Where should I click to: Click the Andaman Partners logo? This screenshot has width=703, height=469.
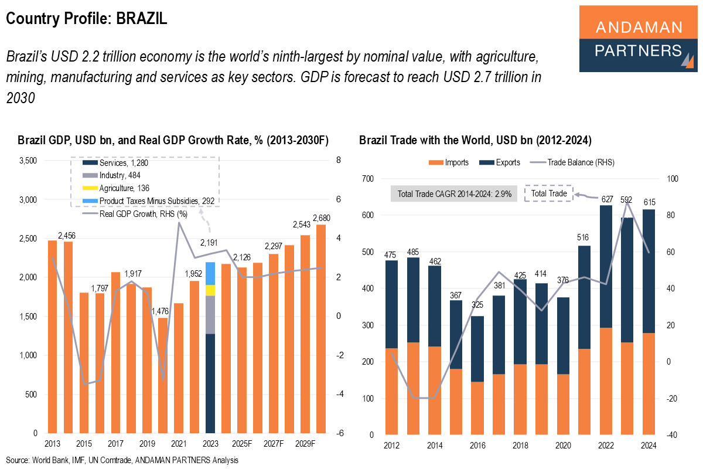tap(638, 39)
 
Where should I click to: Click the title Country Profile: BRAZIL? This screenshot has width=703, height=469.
tap(87, 19)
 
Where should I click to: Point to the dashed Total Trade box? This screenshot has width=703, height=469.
tap(548, 193)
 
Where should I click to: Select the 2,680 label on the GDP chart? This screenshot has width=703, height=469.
tap(322, 218)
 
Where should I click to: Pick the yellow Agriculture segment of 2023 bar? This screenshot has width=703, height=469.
tap(210, 290)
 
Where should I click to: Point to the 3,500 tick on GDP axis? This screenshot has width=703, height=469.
tap(28, 161)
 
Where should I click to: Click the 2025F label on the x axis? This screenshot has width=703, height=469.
tap(242, 444)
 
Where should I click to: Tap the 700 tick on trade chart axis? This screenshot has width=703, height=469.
tap(367, 179)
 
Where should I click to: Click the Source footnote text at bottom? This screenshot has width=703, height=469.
tap(122, 460)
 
